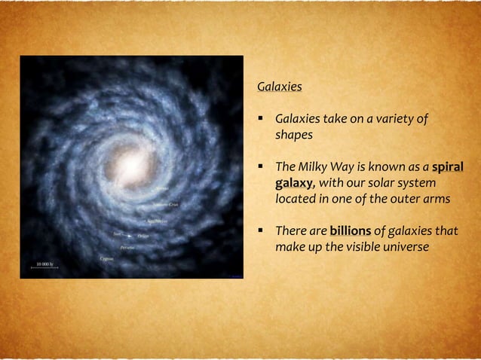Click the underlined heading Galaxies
tap(280, 87)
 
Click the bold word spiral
tap(448, 166)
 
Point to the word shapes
tap(294, 135)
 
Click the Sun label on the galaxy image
tap(118, 234)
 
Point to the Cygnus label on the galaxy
tap(107, 258)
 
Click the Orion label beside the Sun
tap(142, 236)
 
